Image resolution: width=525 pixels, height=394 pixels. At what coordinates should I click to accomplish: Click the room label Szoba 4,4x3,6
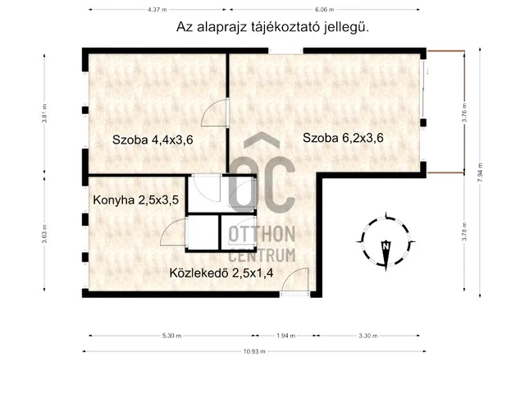[153, 140]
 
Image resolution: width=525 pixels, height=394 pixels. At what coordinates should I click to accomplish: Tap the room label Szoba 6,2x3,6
[343, 138]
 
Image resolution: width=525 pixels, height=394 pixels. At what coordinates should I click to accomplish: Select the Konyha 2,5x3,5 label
[135, 198]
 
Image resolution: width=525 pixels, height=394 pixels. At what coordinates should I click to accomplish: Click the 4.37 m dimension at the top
[149, 11]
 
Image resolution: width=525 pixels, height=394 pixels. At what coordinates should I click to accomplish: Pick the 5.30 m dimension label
[173, 335]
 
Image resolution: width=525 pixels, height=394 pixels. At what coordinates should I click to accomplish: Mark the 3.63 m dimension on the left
[45, 234]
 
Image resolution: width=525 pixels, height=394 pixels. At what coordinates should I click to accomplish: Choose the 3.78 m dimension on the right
[465, 233]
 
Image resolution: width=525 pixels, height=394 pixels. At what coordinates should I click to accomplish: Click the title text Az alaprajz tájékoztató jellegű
[272, 26]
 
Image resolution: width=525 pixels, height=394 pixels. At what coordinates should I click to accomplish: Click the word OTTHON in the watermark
[262, 236]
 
